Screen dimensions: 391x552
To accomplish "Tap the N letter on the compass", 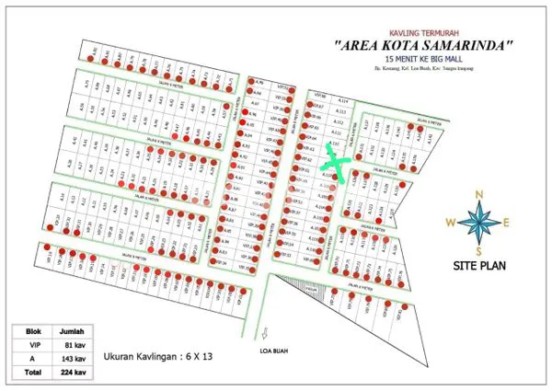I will click(x=478, y=194).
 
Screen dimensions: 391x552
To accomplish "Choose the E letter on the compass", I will click(x=507, y=222).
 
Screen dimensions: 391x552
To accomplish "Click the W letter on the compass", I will click(x=449, y=222).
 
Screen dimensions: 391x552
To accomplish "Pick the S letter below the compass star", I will click(x=478, y=250).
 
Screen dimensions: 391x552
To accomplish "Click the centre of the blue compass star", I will click(x=478, y=222).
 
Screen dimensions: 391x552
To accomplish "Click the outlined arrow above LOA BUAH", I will click(x=265, y=334).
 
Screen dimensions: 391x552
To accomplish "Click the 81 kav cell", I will click(x=74, y=347).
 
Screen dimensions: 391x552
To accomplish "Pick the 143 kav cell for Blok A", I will click(x=74, y=360).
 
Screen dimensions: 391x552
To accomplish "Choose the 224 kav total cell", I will click(x=74, y=373).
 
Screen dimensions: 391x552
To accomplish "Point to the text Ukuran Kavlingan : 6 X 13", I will click(x=165, y=355).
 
